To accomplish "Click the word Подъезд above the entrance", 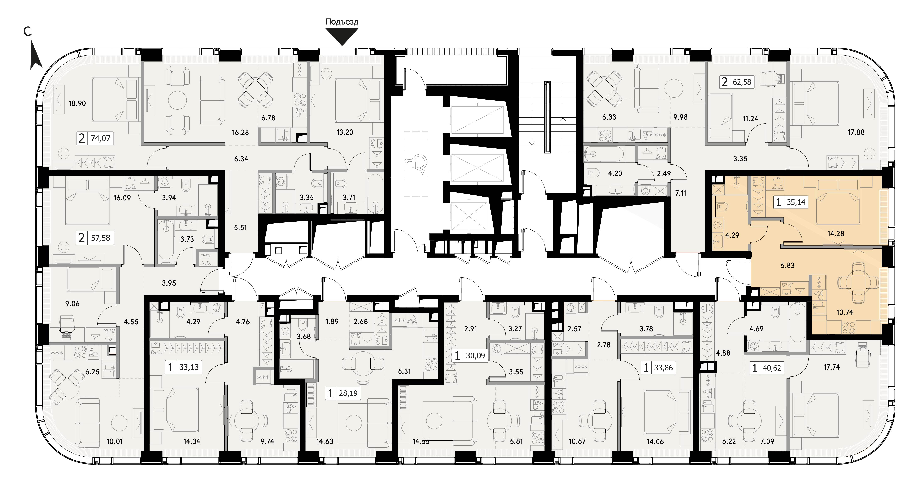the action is click(x=342, y=22).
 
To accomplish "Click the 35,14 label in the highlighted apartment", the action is click(x=796, y=202).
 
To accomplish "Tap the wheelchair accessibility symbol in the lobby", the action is click(x=416, y=164).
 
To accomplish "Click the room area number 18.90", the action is click(x=77, y=104).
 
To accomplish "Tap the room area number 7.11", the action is click(x=680, y=193).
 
